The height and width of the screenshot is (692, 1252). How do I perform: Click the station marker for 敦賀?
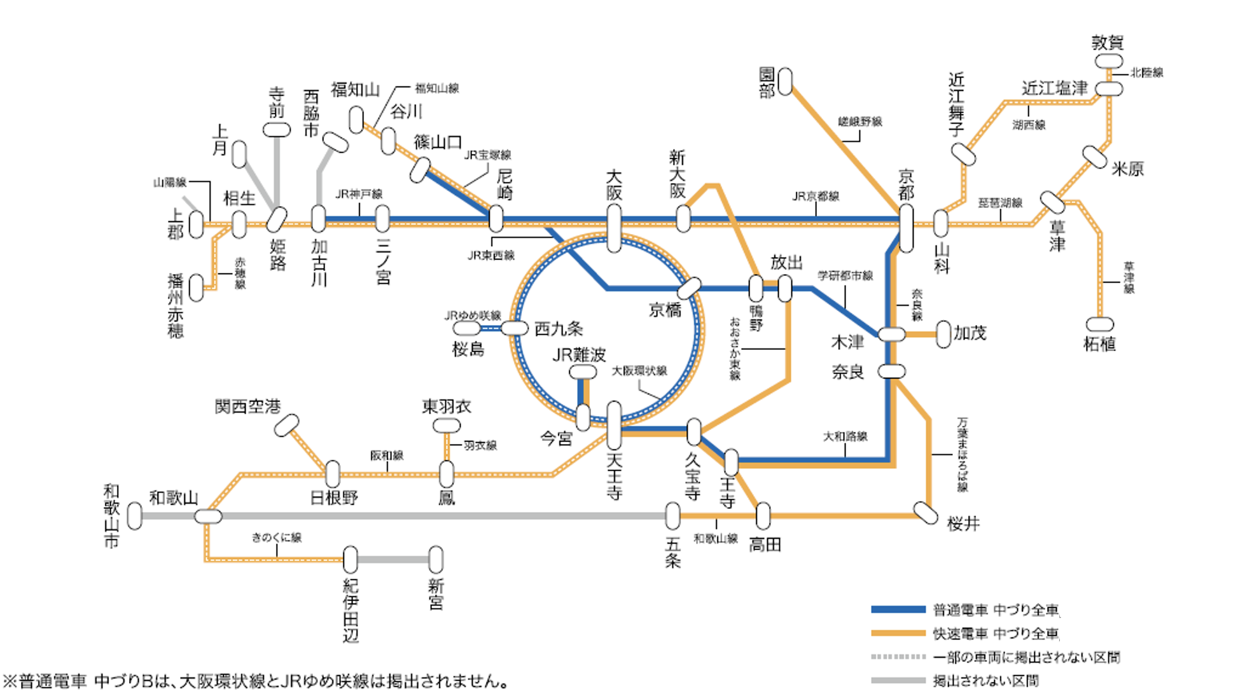click(1108, 61)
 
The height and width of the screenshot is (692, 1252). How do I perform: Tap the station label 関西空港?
click(247, 406)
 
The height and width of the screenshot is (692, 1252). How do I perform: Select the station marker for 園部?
click(786, 81)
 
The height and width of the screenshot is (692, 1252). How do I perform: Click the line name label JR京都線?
click(816, 197)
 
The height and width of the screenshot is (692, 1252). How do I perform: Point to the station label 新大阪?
click(677, 174)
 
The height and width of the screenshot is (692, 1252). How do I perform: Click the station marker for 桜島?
click(466, 328)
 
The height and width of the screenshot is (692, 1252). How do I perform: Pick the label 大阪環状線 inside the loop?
click(639, 371)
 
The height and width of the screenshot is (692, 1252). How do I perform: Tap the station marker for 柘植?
click(1099, 324)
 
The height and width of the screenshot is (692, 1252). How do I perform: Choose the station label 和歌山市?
click(111, 516)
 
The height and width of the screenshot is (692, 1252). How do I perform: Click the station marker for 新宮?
click(436, 560)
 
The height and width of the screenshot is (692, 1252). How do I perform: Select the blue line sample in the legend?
click(898, 609)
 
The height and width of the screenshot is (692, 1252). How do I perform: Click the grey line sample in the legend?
click(898, 681)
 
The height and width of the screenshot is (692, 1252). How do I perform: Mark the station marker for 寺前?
click(277, 130)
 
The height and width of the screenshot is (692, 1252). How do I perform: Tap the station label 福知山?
click(355, 90)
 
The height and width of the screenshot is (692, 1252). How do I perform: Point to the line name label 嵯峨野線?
click(859, 121)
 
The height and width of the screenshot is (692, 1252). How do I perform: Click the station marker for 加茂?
click(943, 334)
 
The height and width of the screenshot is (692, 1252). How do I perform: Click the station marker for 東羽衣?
click(446, 426)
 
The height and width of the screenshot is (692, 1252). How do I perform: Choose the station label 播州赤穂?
click(176, 305)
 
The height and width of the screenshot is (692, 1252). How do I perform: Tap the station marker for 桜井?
click(925, 513)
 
